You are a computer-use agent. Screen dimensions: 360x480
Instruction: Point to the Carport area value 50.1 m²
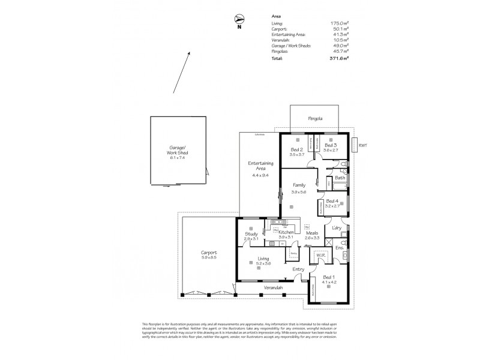coord(341,28)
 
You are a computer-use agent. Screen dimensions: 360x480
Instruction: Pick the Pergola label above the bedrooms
coord(316,118)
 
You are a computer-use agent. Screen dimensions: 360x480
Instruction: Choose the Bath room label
coord(340,178)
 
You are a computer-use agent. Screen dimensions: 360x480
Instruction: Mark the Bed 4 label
coord(332,200)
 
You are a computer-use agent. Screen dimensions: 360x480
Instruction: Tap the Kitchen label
coord(286,232)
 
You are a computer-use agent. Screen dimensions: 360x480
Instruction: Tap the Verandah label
coord(273,289)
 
